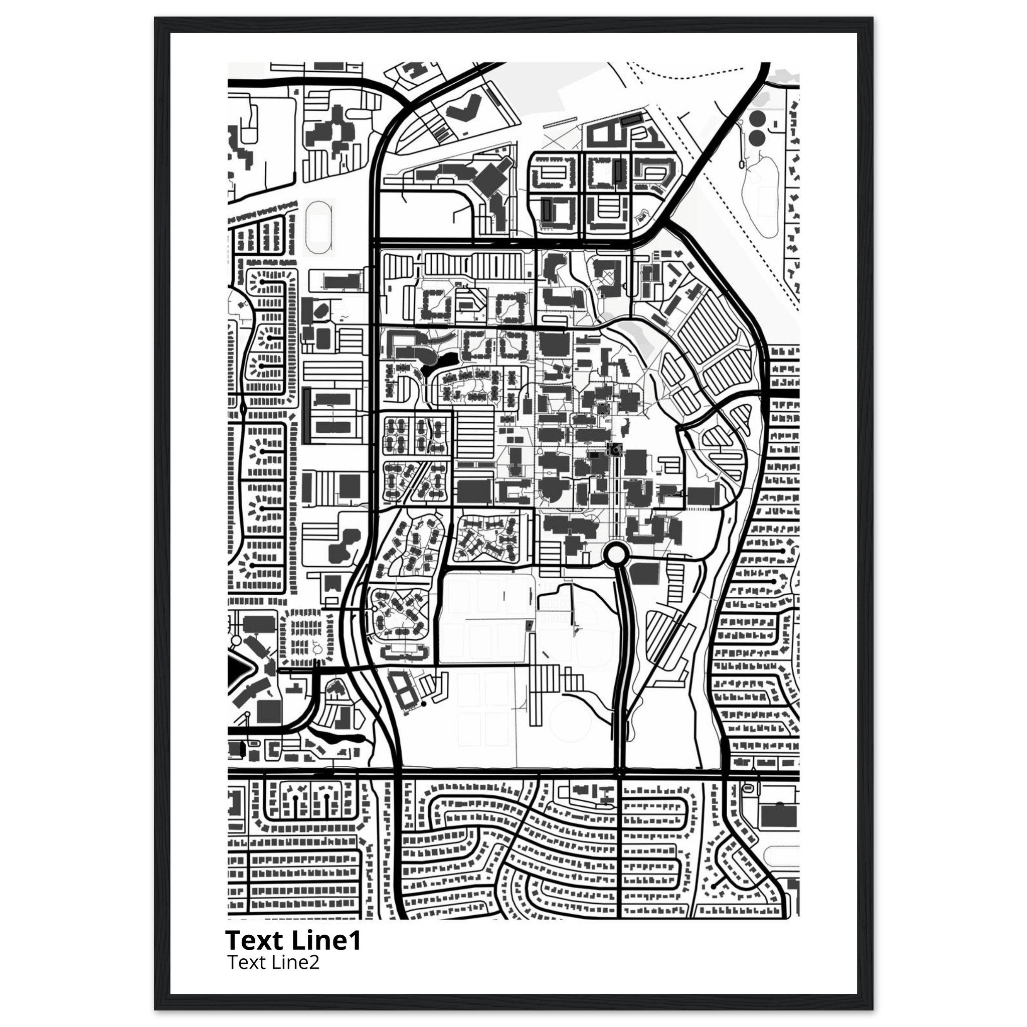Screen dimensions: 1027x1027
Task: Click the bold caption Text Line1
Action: [293, 940]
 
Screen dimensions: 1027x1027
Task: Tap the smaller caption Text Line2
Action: [273, 962]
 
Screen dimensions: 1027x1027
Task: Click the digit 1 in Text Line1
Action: [356, 940]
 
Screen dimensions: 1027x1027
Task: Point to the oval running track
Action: [319, 227]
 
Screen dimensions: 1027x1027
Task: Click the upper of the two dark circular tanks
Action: [757, 118]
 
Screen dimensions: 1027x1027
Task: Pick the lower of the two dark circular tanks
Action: [757, 138]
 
